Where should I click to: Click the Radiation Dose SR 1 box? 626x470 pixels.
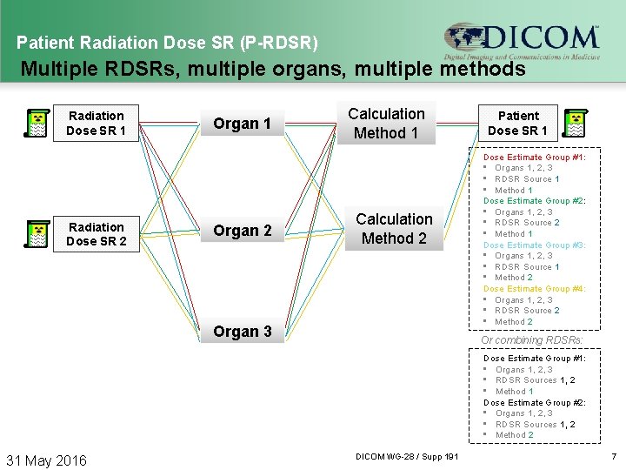point(96,123)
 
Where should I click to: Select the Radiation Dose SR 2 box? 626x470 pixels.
point(96,234)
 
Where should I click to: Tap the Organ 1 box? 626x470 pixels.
point(243,124)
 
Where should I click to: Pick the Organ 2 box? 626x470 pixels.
point(243,231)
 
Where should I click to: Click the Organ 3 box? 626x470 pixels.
point(243,332)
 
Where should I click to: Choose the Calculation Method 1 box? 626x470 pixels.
point(386,124)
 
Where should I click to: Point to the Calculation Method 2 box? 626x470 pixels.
point(394,229)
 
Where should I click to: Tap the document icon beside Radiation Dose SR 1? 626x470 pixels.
point(37,124)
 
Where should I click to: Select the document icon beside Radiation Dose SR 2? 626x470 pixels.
point(37,235)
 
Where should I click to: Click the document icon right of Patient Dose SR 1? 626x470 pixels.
point(574,124)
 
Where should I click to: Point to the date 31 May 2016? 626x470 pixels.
point(47,460)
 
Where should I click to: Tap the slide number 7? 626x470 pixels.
point(613,457)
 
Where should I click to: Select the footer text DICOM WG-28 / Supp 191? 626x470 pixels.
point(408,457)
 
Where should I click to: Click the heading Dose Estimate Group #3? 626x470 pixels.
point(534,245)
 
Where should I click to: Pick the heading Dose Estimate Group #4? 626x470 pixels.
point(534,289)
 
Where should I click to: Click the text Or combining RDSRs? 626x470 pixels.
point(532,340)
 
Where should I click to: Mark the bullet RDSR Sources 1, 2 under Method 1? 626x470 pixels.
point(535,380)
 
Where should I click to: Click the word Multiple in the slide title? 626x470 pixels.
point(54,68)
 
